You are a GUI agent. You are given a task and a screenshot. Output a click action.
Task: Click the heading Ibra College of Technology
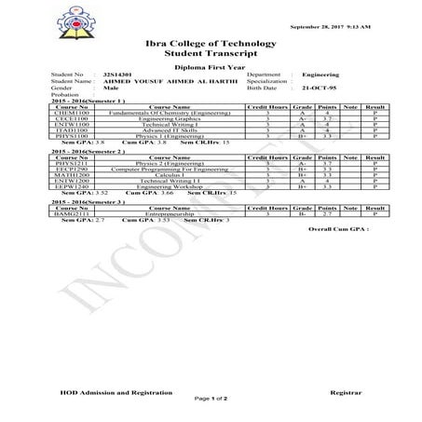pyautogui.click(x=211, y=44)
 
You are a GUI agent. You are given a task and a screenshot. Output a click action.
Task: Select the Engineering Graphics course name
pyautogui.click(x=162, y=118)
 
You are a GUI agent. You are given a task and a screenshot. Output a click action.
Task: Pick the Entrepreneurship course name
pyautogui.click(x=162, y=213)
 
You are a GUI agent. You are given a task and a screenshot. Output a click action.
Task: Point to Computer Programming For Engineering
pyautogui.click(x=162, y=169)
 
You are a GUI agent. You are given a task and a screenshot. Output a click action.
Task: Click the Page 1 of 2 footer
pyautogui.click(x=211, y=400)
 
